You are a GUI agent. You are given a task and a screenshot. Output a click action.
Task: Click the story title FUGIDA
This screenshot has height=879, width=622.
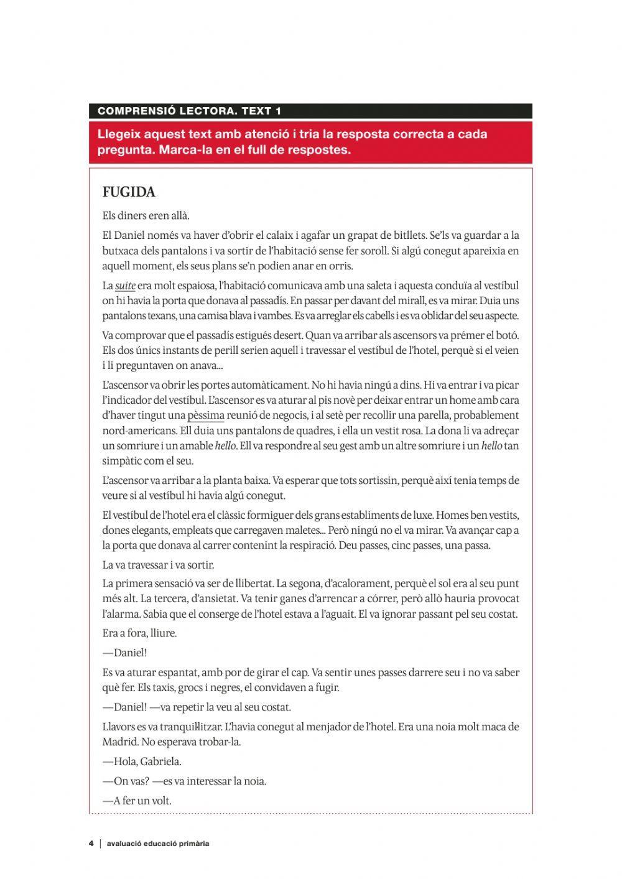129,192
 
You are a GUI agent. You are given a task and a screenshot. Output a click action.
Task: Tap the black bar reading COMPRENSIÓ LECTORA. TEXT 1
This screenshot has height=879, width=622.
310,111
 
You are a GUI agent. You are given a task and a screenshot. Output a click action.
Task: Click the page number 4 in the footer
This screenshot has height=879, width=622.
91,844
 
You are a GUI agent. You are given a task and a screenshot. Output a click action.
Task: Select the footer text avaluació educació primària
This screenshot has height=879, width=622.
158,844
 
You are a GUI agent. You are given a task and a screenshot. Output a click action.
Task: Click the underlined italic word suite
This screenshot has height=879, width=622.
125,286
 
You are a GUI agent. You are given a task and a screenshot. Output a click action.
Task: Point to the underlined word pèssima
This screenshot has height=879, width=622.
206,416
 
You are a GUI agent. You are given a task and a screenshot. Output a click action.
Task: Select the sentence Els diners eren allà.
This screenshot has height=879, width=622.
146,216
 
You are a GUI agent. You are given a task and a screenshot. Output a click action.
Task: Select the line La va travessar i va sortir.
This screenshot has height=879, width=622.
158,565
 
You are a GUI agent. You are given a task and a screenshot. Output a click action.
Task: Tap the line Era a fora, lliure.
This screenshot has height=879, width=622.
140,633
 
